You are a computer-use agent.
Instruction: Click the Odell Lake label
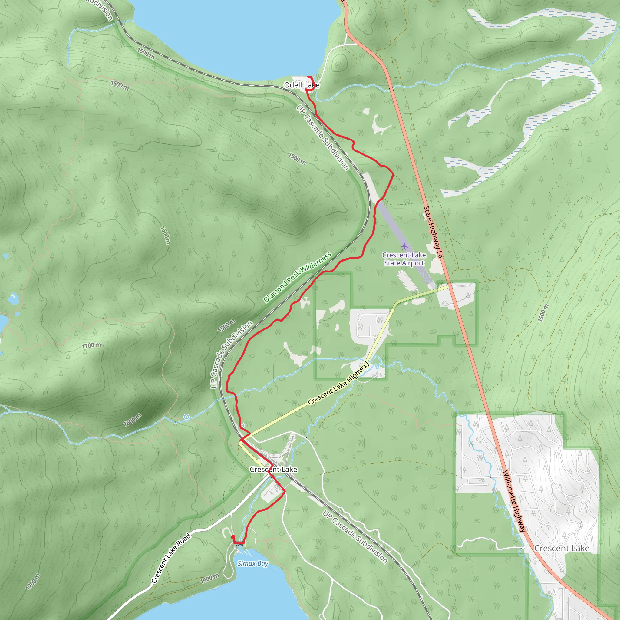click(302, 85)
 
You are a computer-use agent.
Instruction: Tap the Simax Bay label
click(252, 563)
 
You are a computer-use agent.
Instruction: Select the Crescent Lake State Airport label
click(404, 259)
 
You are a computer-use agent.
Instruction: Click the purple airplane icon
click(404, 246)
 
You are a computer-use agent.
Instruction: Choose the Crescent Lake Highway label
click(338, 383)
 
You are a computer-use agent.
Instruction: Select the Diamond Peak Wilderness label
click(297, 278)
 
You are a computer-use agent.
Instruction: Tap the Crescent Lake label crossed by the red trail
click(273, 470)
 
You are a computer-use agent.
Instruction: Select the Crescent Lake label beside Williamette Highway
click(562, 549)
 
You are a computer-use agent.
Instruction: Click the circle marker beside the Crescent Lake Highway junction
click(242, 426)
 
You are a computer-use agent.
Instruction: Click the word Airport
click(413, 263)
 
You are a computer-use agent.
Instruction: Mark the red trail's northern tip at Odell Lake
click(308, 77)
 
